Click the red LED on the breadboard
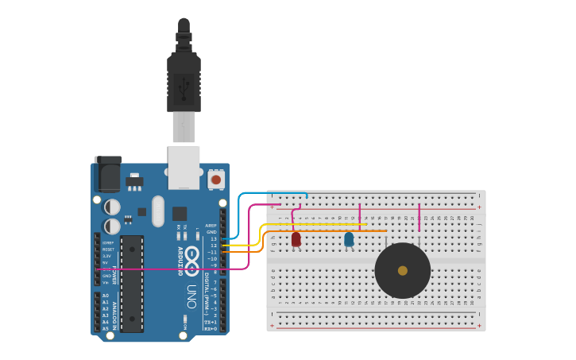pyautogui.click(x=296, y=238)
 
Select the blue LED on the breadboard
pyautogui.click(x=349, y=238)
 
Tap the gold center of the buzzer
pyautogui.click(x=403, y=271)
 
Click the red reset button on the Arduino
pyautogui.click(x=215, y=180)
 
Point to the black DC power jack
pyautogui.click(x=107, y=174)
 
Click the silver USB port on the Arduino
pyautogui.click(x=184, y=168)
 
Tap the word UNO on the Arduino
pyautogui.click(x=191, y=296)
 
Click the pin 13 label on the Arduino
pyautogui.click(x=212, y=239)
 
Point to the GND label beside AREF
pyautogui.click(x=211, y=232)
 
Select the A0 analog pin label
pyautogui.click(x=106, y=296)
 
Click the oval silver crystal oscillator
pyautogui.click(x=158, y=211)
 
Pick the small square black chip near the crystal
pyautogui.click(x=180, y=213)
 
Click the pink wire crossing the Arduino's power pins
pyautogui.click(x=159, y=269)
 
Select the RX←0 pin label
pyautogui.click(x=211, y=328)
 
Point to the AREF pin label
pyautogui.click(x=211, y=226)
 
